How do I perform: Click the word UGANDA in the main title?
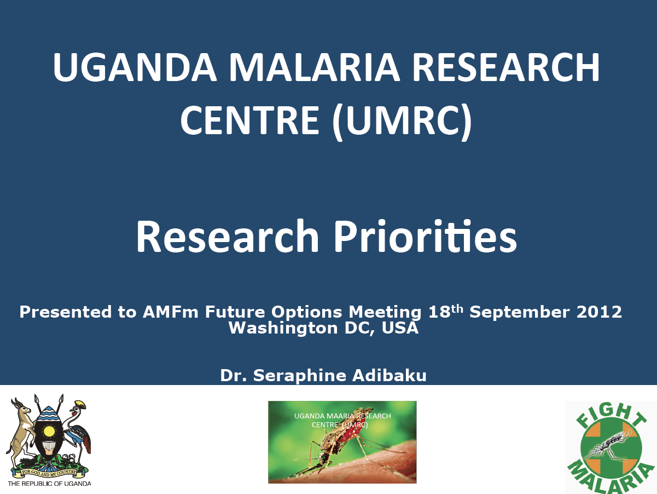pos(135,67)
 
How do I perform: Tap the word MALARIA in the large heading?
pos(315,67)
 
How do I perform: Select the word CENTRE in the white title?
pos(249,119)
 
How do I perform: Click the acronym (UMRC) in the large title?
pos(402,122)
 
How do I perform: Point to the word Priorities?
pos(426,235)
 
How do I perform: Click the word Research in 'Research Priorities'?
pos(228,235)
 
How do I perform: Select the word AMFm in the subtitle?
pos(170,312)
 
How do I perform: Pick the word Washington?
pos(283,329)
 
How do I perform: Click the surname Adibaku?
pos(389,375)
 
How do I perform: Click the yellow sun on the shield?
pos(49,432)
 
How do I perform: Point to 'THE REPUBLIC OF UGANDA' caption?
pos(49,483)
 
